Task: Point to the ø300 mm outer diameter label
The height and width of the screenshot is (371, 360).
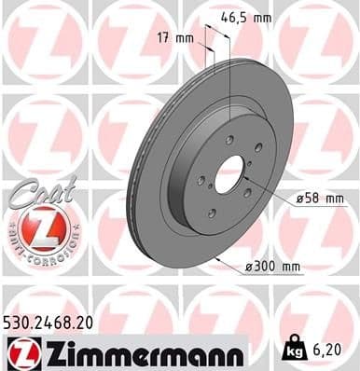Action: pos(273,268)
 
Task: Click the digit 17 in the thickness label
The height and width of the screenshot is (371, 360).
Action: pos(162,39)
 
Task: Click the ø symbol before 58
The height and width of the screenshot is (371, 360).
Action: pos(300,198)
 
